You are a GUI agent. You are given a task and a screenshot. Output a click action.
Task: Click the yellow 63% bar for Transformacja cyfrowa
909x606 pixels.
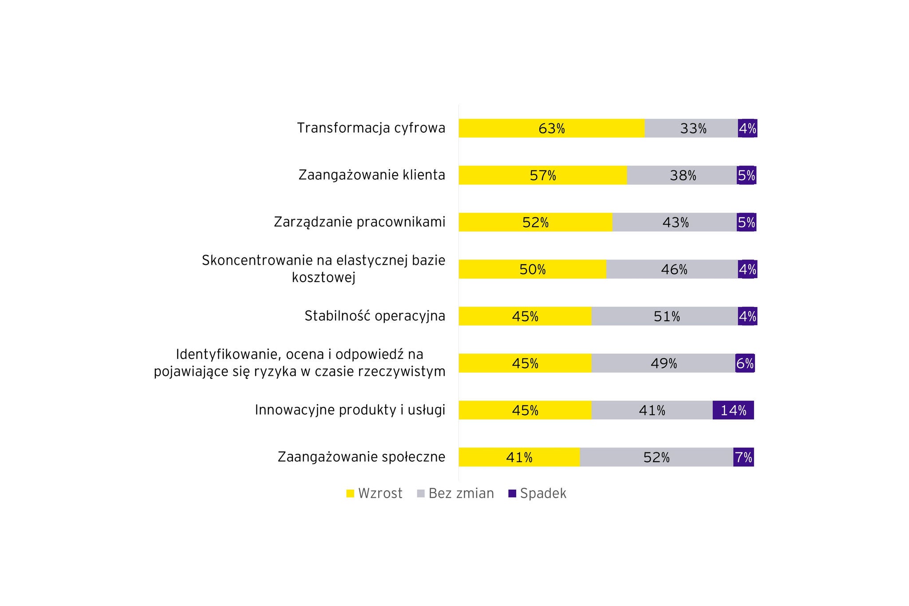pyautogui.click(x=551, y=128)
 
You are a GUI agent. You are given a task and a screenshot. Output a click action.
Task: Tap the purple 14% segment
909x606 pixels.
pyautogui.click(x=733, y=410)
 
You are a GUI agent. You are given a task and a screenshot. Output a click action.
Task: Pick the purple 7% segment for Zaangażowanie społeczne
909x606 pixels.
pyautogui.click(x=743, y=457)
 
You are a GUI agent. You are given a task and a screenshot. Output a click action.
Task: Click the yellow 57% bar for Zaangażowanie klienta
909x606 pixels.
pyautogui.click(x=542, y=175)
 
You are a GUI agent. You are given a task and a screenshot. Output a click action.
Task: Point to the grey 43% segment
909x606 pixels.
pyautogui.click(x=675, y=222)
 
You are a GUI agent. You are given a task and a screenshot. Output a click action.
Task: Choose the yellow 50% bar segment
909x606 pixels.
pyautogui.click(x=532, y=269)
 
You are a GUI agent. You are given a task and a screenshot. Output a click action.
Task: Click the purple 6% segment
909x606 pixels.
pyautogui.click(x=745, y=363)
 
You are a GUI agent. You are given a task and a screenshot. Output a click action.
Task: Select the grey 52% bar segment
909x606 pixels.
pyautogui.click(x=656, y=457)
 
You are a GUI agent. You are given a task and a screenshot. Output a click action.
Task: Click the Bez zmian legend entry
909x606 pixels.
pyautogui.click(x=455, y=493)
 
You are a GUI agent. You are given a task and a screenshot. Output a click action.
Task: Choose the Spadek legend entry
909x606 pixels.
pyautogui.click(x=537, y=493)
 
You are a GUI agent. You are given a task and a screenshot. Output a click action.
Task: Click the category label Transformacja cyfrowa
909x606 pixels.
pyautogui.click(x=371, y=128)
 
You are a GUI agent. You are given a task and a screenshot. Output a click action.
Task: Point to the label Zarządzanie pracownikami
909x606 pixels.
pyautogui.click(x=360, y=222)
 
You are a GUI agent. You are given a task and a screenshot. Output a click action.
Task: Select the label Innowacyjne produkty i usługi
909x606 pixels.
pyautogui.click(x=350, y=410)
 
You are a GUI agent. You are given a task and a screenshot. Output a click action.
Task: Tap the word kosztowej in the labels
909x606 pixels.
pyautogui.click(x=324, y=278)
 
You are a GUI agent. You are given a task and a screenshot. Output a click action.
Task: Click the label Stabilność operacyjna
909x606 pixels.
pyautogui.click(x=375, y=316)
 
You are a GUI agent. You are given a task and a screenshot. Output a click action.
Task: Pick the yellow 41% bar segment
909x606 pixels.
pyautogui.click(x=519, y=457)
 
